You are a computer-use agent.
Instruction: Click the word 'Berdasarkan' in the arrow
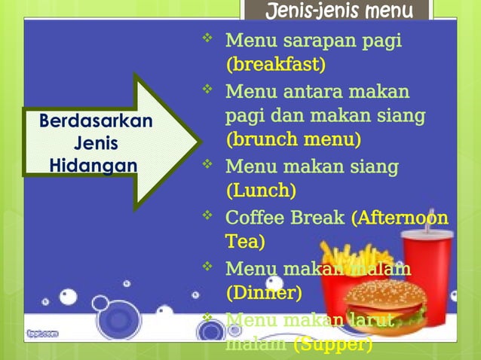click(96, 121)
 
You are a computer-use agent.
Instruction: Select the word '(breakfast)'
click(276, 65)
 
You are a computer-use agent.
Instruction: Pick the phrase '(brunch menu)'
click(293, 140)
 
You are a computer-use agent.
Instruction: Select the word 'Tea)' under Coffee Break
click(245, 242)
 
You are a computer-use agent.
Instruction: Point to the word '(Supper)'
click(332, 345)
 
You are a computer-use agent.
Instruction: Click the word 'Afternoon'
click(403, 218)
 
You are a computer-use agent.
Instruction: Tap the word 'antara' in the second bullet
click(327, 92)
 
